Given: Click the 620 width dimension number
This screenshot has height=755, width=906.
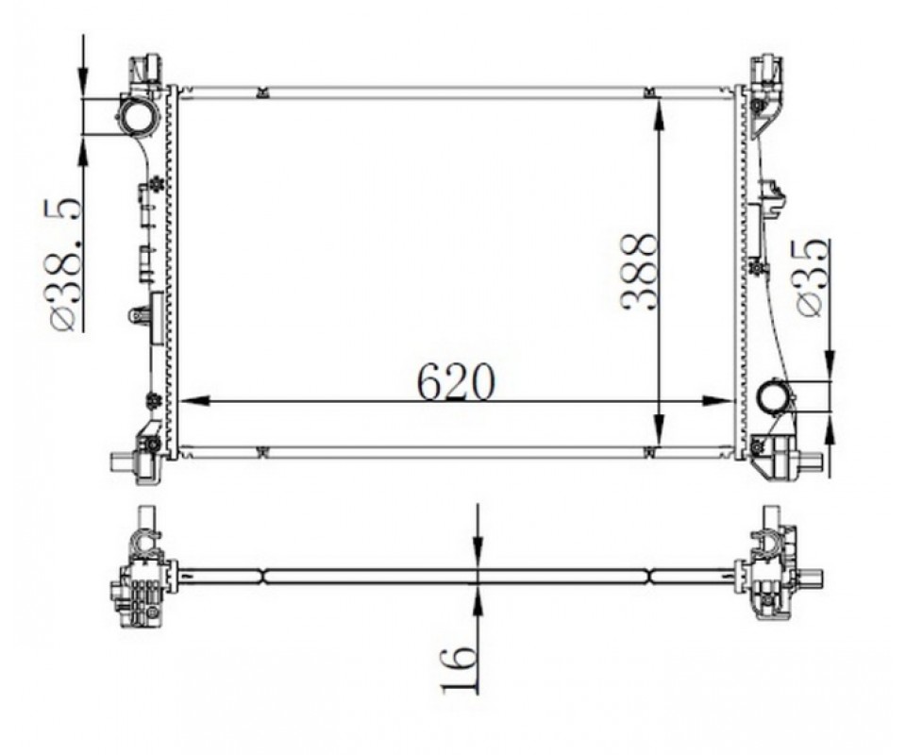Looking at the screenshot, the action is [456, 382].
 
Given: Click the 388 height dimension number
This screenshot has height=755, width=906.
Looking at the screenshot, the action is [640, 272].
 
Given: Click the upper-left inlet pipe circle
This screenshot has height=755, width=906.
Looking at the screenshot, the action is [137, 117].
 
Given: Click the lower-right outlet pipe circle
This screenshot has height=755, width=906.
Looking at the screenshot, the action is [774, 397].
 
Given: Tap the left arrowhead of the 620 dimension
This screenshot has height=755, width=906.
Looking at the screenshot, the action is [193, 401].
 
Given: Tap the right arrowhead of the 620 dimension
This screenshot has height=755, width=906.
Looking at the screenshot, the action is [718, 401].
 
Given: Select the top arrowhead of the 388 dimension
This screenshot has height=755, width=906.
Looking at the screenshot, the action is [660, 112].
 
